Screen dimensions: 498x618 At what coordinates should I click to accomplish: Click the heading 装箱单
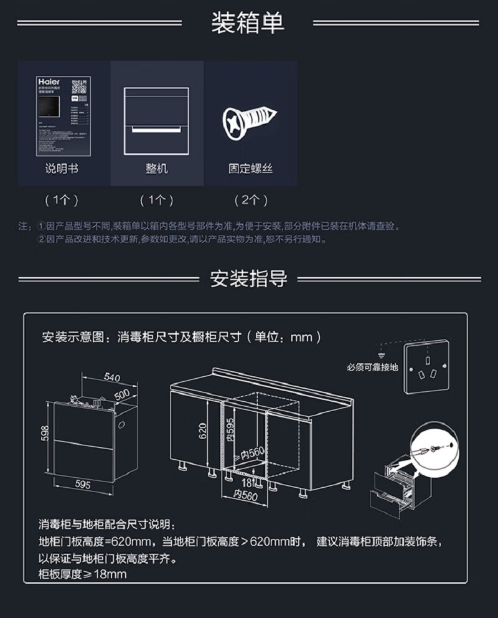tap(248, 23)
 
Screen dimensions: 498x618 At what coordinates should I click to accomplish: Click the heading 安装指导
tap(248, 278)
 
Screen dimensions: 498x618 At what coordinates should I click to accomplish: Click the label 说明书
tap(62, 169)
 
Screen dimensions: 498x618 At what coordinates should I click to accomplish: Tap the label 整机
tap(156, 169)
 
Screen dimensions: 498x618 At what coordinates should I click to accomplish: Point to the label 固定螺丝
tap(250, 169)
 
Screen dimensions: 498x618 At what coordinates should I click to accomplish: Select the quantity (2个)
tap(250, 201)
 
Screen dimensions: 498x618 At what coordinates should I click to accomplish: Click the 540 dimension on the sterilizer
tap(112, 377)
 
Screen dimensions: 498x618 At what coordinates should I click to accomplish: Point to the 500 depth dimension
tap(123, 394)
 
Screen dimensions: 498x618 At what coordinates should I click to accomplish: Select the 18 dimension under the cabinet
tap(247, 482)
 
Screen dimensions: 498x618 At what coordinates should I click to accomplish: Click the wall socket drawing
tap(427, 367)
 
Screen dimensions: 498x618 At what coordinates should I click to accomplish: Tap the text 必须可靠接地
tap(372, 367)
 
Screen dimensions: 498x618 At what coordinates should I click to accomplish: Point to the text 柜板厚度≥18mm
tap(83, 574)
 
